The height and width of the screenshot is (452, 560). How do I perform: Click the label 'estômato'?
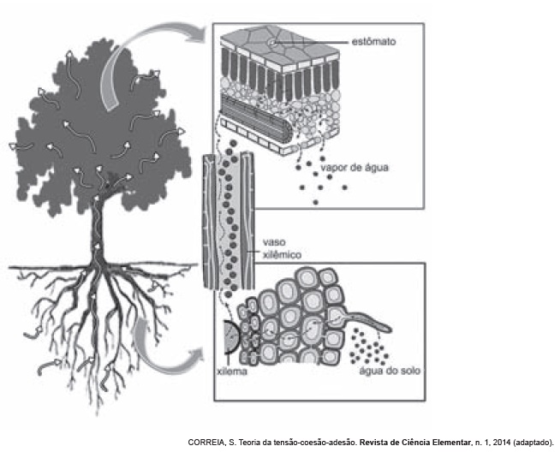click(x=373, y=40)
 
